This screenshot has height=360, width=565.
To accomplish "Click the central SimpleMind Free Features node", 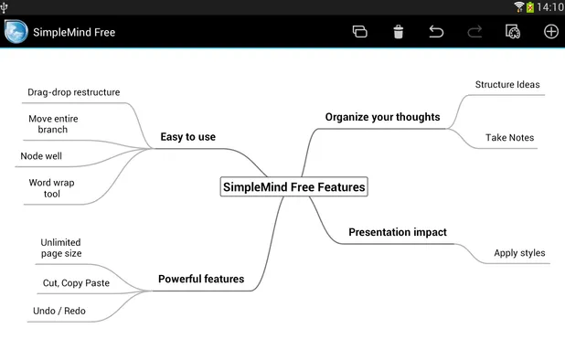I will [293, 187].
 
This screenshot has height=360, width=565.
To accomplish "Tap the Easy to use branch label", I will [187, 137].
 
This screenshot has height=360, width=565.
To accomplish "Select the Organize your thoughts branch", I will [382, 117].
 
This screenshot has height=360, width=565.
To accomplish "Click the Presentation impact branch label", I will [398, 232].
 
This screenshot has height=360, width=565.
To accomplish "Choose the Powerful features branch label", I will [201, 279].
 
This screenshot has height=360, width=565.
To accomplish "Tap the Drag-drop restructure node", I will [73, 92].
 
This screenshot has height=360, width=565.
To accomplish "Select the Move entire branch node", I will [53, 124].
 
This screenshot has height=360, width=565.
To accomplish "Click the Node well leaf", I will [41, 156].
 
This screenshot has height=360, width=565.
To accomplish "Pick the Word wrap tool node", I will [51, 188].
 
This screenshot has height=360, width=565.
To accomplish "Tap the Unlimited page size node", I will [60, 248].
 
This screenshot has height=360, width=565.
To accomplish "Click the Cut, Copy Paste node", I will [76, 283].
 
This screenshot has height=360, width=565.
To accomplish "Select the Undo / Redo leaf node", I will [59, 311].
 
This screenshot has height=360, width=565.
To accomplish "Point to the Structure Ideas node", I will [507, 85].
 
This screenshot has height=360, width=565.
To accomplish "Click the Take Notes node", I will [509, 138].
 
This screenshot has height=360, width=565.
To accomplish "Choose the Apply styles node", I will [519, 253].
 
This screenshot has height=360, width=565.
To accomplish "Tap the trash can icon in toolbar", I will [399, 32].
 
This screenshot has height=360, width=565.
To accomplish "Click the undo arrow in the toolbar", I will [436, 32].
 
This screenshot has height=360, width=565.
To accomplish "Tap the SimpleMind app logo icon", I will [16, 32].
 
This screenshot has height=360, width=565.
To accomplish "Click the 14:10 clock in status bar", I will [549, 7].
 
